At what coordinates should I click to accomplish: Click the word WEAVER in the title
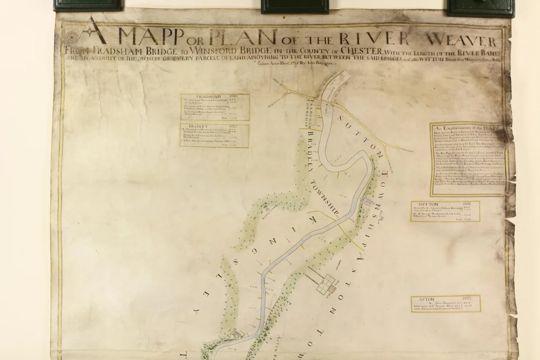(x=463, y=40)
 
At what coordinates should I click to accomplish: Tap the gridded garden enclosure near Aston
(x=329, y=284)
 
